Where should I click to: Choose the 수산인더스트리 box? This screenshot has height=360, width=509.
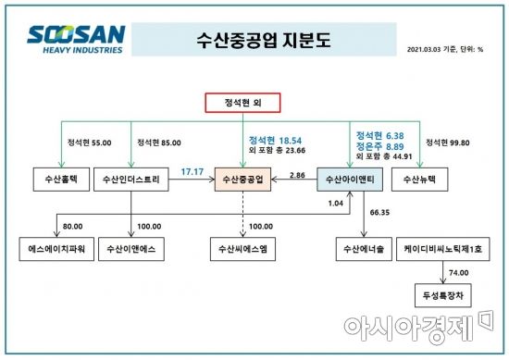[131, 179]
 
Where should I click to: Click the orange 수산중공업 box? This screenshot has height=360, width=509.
[242, 179]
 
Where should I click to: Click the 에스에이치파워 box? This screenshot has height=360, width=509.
[56, 248]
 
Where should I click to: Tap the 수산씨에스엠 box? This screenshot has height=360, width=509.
[242, 248]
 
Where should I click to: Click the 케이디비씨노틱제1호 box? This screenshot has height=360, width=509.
[439, 248]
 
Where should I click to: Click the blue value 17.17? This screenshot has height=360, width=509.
[192, 171]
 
